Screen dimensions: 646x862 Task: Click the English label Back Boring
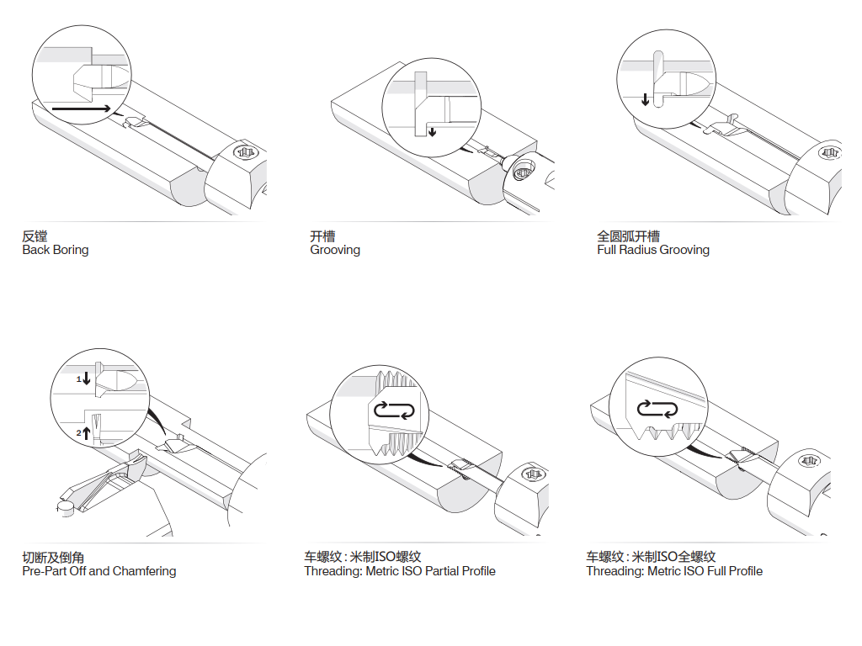click(55, 250)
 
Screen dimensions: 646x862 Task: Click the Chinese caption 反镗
click(35, 236)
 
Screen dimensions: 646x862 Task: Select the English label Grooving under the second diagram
click(335, 250)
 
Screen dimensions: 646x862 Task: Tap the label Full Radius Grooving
click(653, 250)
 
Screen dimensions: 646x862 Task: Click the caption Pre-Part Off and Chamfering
click(99, 571)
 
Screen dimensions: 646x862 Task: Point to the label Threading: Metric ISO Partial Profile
click(400, 571)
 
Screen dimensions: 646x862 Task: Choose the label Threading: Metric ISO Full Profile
click(674, 571)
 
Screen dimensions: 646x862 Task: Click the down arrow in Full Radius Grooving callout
click(646, 98)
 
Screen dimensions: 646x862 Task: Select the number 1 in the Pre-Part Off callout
click(79, 380)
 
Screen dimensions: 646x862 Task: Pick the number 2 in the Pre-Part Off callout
click(79, 432)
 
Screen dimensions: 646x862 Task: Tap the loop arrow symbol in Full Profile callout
click(657, 409)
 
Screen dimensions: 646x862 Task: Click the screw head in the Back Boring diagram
click(245, 153)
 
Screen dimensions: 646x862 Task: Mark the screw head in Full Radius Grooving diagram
click(830, 154)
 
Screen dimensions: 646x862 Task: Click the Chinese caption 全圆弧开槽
click(628, 236)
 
